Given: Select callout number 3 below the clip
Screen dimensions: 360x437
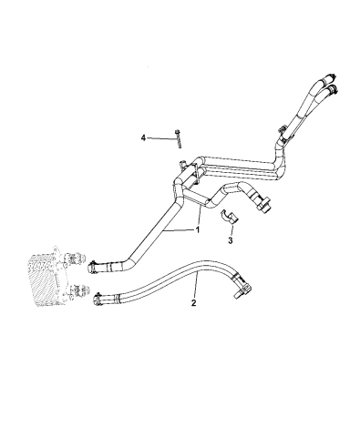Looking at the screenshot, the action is point(231,241).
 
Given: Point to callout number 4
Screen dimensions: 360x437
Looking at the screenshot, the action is point(142,137).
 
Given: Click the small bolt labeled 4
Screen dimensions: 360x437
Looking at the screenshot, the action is point(179,139).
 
